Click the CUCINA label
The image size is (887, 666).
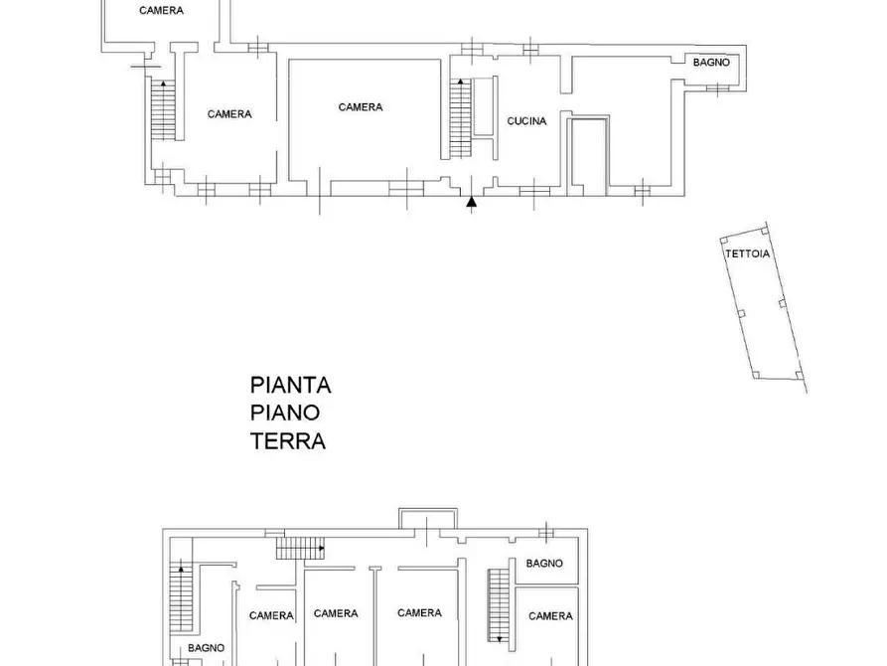tap(526, 121)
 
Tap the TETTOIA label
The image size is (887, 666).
tap(747, 253)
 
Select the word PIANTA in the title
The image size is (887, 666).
tap(290, 385)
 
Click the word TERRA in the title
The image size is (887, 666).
tap(288, 441)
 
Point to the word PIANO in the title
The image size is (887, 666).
tap(285, 413)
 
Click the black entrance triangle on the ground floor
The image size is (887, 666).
tap(473, 203)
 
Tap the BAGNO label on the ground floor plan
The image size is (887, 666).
tap(711, 63)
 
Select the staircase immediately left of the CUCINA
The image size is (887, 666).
tap(461, 118)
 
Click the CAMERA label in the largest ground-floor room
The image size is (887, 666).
tap(361, 107)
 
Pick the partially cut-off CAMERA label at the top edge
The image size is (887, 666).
tap(161, 11)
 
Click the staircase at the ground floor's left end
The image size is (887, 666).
tap(161, 109)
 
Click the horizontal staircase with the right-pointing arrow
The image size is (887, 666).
tap(300, 548)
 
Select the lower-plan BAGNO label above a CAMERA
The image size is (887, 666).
tap(544, 564)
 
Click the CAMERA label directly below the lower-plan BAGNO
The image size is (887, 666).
tap(550, 616)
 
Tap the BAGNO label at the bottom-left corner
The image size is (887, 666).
tap(207, 647)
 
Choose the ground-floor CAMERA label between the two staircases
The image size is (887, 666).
tap(229, 114)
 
